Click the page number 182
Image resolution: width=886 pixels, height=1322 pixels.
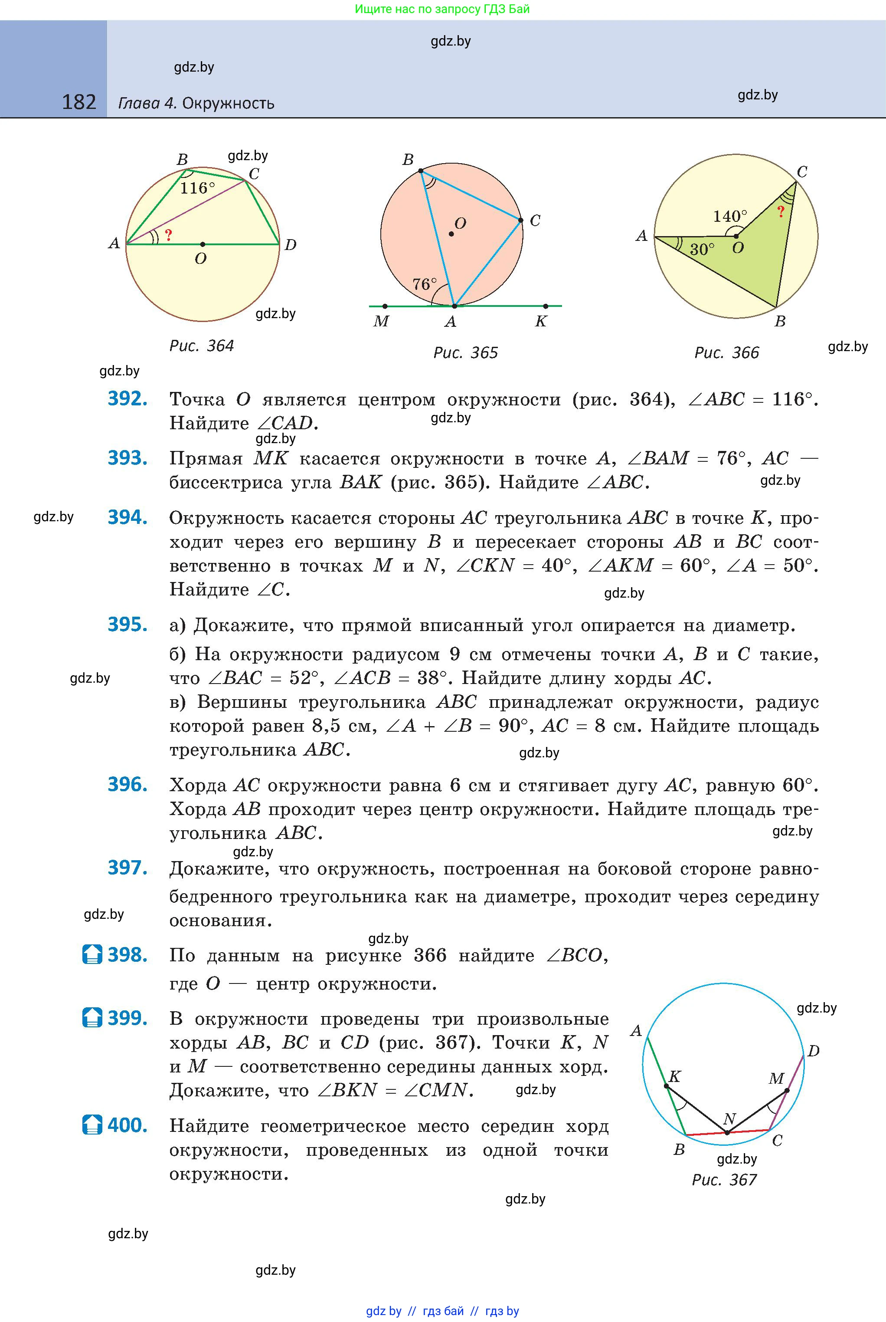coord(79,102)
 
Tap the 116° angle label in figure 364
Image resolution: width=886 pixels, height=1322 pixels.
coord(197,188)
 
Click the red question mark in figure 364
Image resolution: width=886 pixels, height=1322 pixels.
coord(168,235)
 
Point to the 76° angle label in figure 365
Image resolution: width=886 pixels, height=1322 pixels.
coord(425,284)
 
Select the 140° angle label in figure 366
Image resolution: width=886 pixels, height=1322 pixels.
coord(729,216)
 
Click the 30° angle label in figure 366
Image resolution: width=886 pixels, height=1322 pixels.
coord(702,250)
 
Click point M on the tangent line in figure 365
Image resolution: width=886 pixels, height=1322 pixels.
coord(385,306)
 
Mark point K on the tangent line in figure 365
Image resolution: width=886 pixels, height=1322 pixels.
coord(545,306)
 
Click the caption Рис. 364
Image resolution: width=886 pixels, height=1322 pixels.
coord(201,345)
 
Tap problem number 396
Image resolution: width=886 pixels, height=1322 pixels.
coord(128,784)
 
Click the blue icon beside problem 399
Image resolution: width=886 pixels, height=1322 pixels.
coord(92,1017)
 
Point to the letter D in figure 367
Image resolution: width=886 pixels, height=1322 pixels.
coord(813,1051)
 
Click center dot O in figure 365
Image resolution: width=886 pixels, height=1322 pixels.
coord(451,233)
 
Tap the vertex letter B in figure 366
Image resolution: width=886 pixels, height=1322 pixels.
coord(780,321)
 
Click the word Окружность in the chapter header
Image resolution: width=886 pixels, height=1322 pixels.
coord(228,103)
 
